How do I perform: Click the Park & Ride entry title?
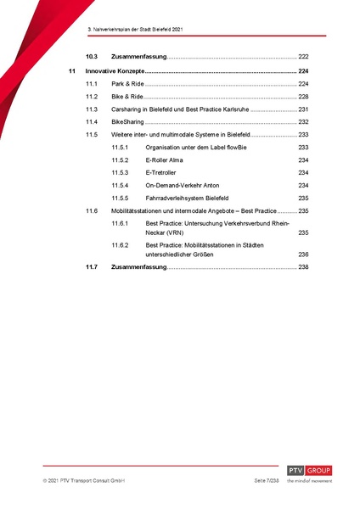tap(127, 85)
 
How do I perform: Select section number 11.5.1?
tap(120, 148)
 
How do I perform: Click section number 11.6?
tap(91, 210)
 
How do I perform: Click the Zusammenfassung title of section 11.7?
tap(139, 268)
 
